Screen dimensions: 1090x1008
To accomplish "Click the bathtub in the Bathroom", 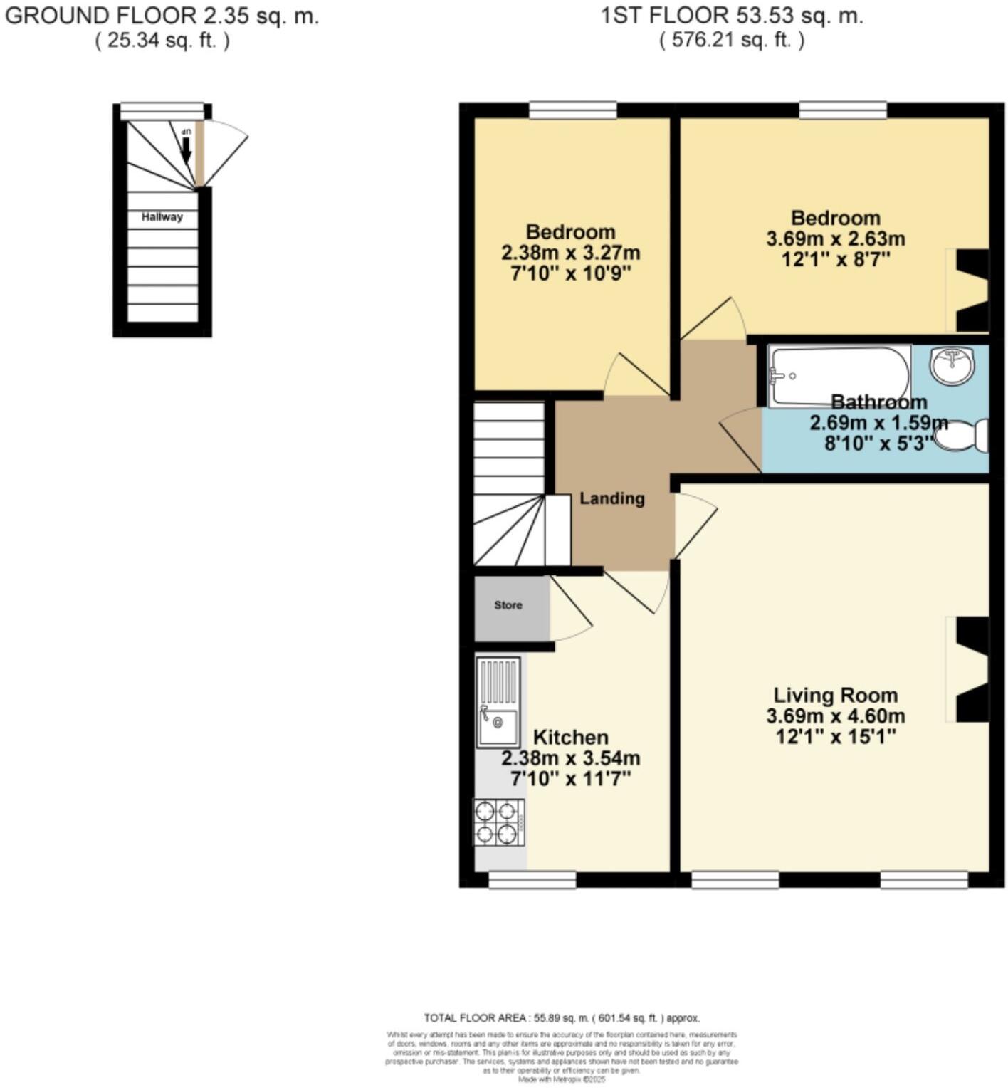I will pyautogui.click(x=839, y=376).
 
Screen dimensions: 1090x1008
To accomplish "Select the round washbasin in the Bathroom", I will pyautogui.click(x=951, y=365).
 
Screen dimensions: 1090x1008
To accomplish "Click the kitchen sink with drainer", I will pyautogui.click(x=498, y=702).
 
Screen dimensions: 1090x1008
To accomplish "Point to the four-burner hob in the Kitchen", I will pyautogui.click(x=499, y=822).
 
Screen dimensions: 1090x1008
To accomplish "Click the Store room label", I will pyautogui.click(x=508, y=605).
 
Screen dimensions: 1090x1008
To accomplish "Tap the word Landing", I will pyautogui.click(x=611, y=498).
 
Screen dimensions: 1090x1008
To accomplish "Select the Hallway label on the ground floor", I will pyautogui.click(x=162, y=217).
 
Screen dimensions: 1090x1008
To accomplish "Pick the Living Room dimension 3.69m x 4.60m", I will pyautogui.click(x=836, y=716).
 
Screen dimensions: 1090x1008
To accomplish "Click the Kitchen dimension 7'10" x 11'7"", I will pyautogui.click(x=571, y=778).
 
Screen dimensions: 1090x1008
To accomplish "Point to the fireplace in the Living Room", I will pyautogui.click(x=969, y=669).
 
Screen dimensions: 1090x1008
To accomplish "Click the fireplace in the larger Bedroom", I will pyautogui.click(x=969, y=290).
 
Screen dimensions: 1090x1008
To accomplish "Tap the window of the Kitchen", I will pyautogui.click(x=532, y=881).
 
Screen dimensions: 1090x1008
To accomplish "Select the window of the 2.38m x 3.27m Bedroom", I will pyautogui.click(x=573, y=110).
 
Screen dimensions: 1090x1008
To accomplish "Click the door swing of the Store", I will pyautogui.click(x=569, y=612).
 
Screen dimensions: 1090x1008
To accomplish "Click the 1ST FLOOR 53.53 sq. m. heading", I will pyautogui.click(x=732, y=16).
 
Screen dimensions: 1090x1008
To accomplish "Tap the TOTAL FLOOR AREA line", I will pyautogui.click(x=562, y=1018).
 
